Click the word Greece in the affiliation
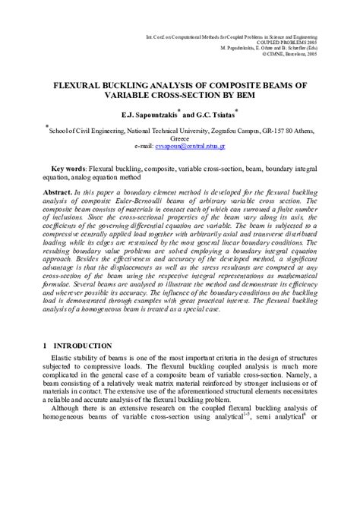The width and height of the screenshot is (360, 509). (178, 137)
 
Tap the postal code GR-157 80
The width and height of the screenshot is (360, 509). (279, 129)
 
